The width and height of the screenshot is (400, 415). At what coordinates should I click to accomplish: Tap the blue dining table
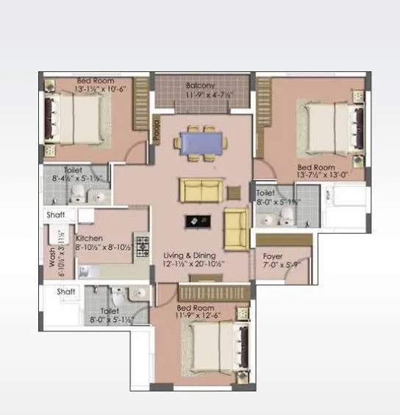[x=200, y=141]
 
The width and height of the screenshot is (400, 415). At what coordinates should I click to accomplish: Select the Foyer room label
[x=272, y=256]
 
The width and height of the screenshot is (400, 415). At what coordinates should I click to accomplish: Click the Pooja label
[x=157, y=129]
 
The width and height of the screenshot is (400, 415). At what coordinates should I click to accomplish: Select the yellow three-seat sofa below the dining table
[x=201, y=190]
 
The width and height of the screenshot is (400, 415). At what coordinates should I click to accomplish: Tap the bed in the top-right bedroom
[x=329, y=125]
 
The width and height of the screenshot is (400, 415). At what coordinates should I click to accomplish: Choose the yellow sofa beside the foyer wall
[x=237, y=229]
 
